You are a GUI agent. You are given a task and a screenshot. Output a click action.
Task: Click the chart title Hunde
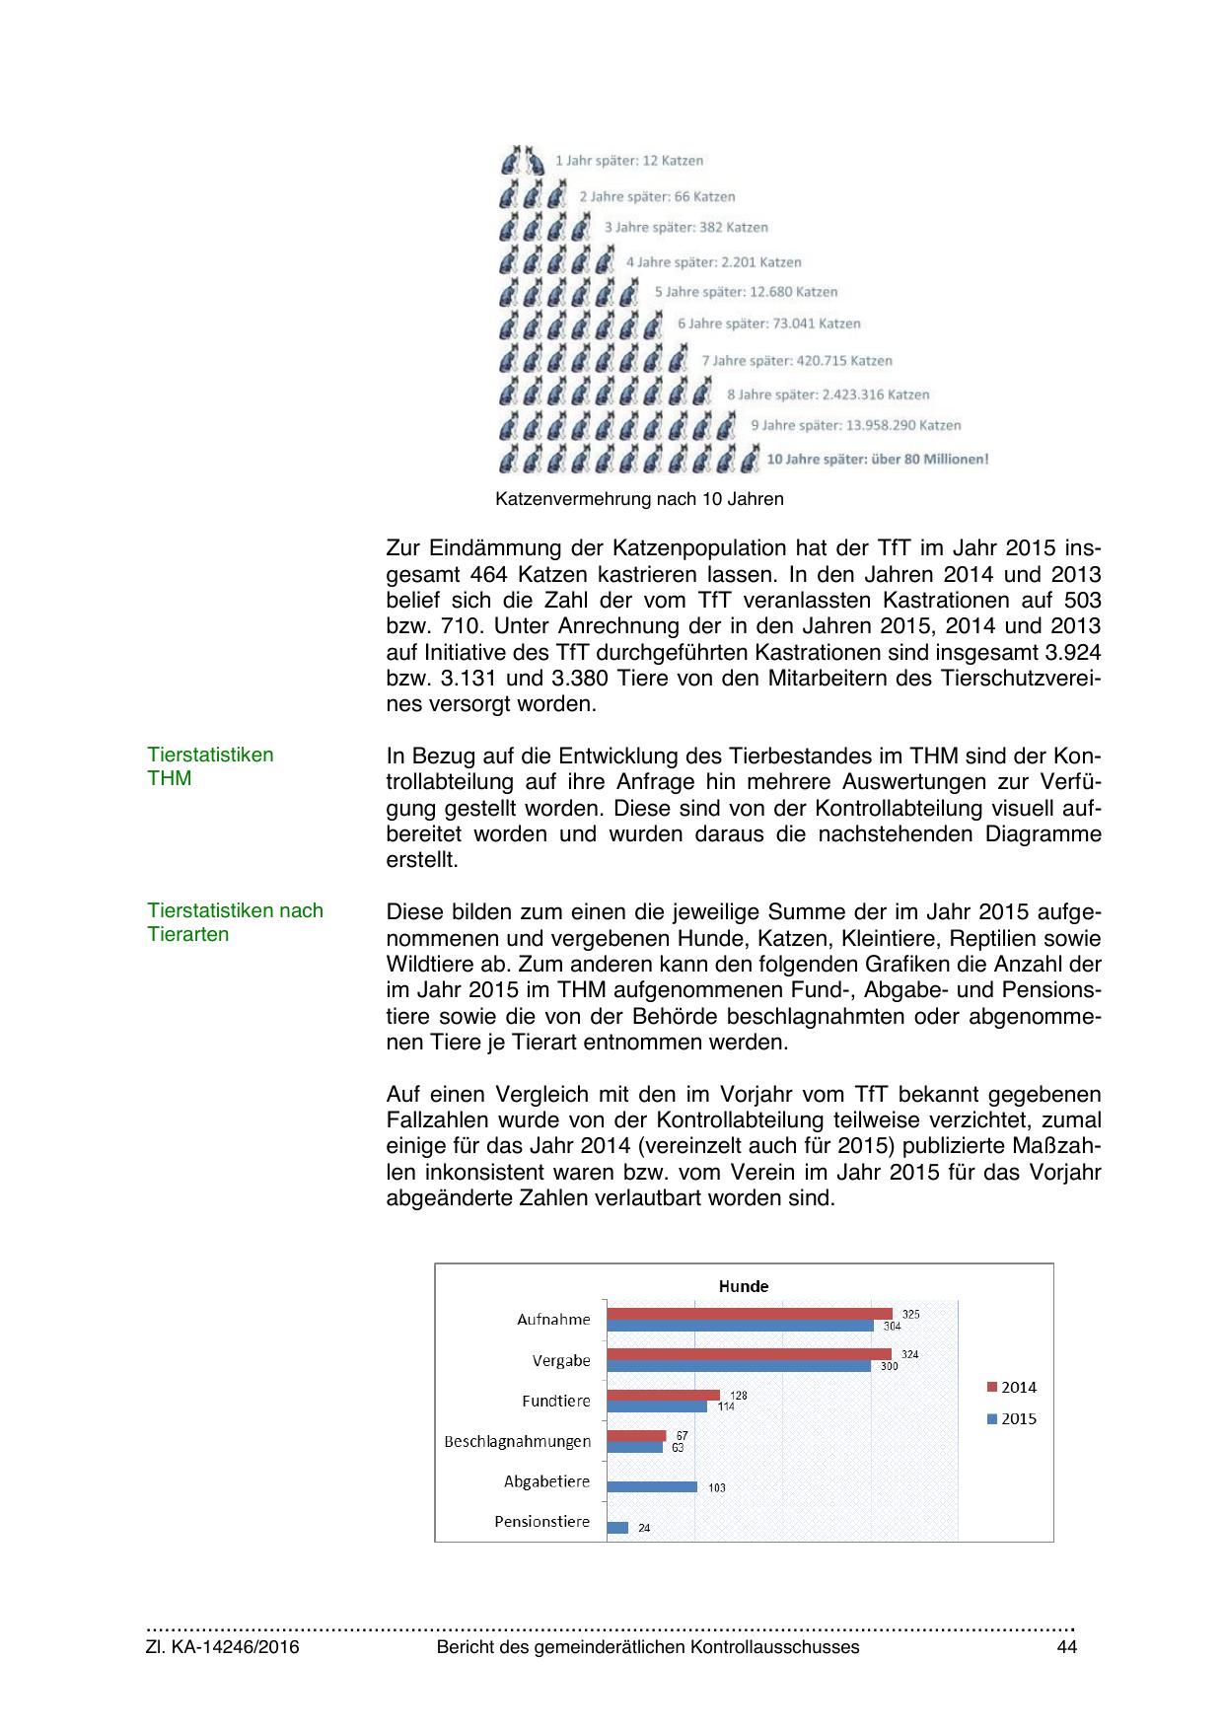click(x=743, y=1286)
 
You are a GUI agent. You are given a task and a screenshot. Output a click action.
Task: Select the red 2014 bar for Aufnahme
click(x=749, y=1314)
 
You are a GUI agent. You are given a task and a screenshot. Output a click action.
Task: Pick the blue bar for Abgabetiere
click(x=652, y=1486)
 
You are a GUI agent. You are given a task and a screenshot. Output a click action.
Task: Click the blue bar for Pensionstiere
click(x=617, y=1527)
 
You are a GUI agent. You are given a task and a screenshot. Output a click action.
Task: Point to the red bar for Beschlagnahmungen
click(x=636, y=1435)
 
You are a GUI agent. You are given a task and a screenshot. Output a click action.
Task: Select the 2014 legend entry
click(x=1012, y=1388)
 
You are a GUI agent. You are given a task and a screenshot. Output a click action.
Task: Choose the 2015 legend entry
click(x=1012, y=1419)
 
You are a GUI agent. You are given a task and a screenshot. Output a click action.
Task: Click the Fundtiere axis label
click(x=556, y=1401)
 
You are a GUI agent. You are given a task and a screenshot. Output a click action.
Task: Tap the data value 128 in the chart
click(x=739, y=1395)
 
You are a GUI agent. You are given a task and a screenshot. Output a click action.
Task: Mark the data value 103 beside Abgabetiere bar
click(x=716, y=1487)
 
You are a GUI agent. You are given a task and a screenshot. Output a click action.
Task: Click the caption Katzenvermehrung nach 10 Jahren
click(x=639, y=499)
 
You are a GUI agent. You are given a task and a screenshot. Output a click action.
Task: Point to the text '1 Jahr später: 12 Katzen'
click(x=629, y=160)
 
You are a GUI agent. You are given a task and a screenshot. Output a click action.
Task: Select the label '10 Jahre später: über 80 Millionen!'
click(x=877, y=459)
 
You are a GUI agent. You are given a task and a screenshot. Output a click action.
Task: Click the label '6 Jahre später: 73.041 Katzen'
click(x=768, y=324)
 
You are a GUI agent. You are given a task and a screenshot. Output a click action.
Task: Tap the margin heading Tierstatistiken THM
click(x=210, y=766)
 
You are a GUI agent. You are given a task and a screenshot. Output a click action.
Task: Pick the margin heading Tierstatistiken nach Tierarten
click(x=235, y=922)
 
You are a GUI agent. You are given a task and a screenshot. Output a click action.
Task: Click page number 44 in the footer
click(x=1066, y=1647)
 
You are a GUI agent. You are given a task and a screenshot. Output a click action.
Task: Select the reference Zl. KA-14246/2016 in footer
click(x=223, y=1647)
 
